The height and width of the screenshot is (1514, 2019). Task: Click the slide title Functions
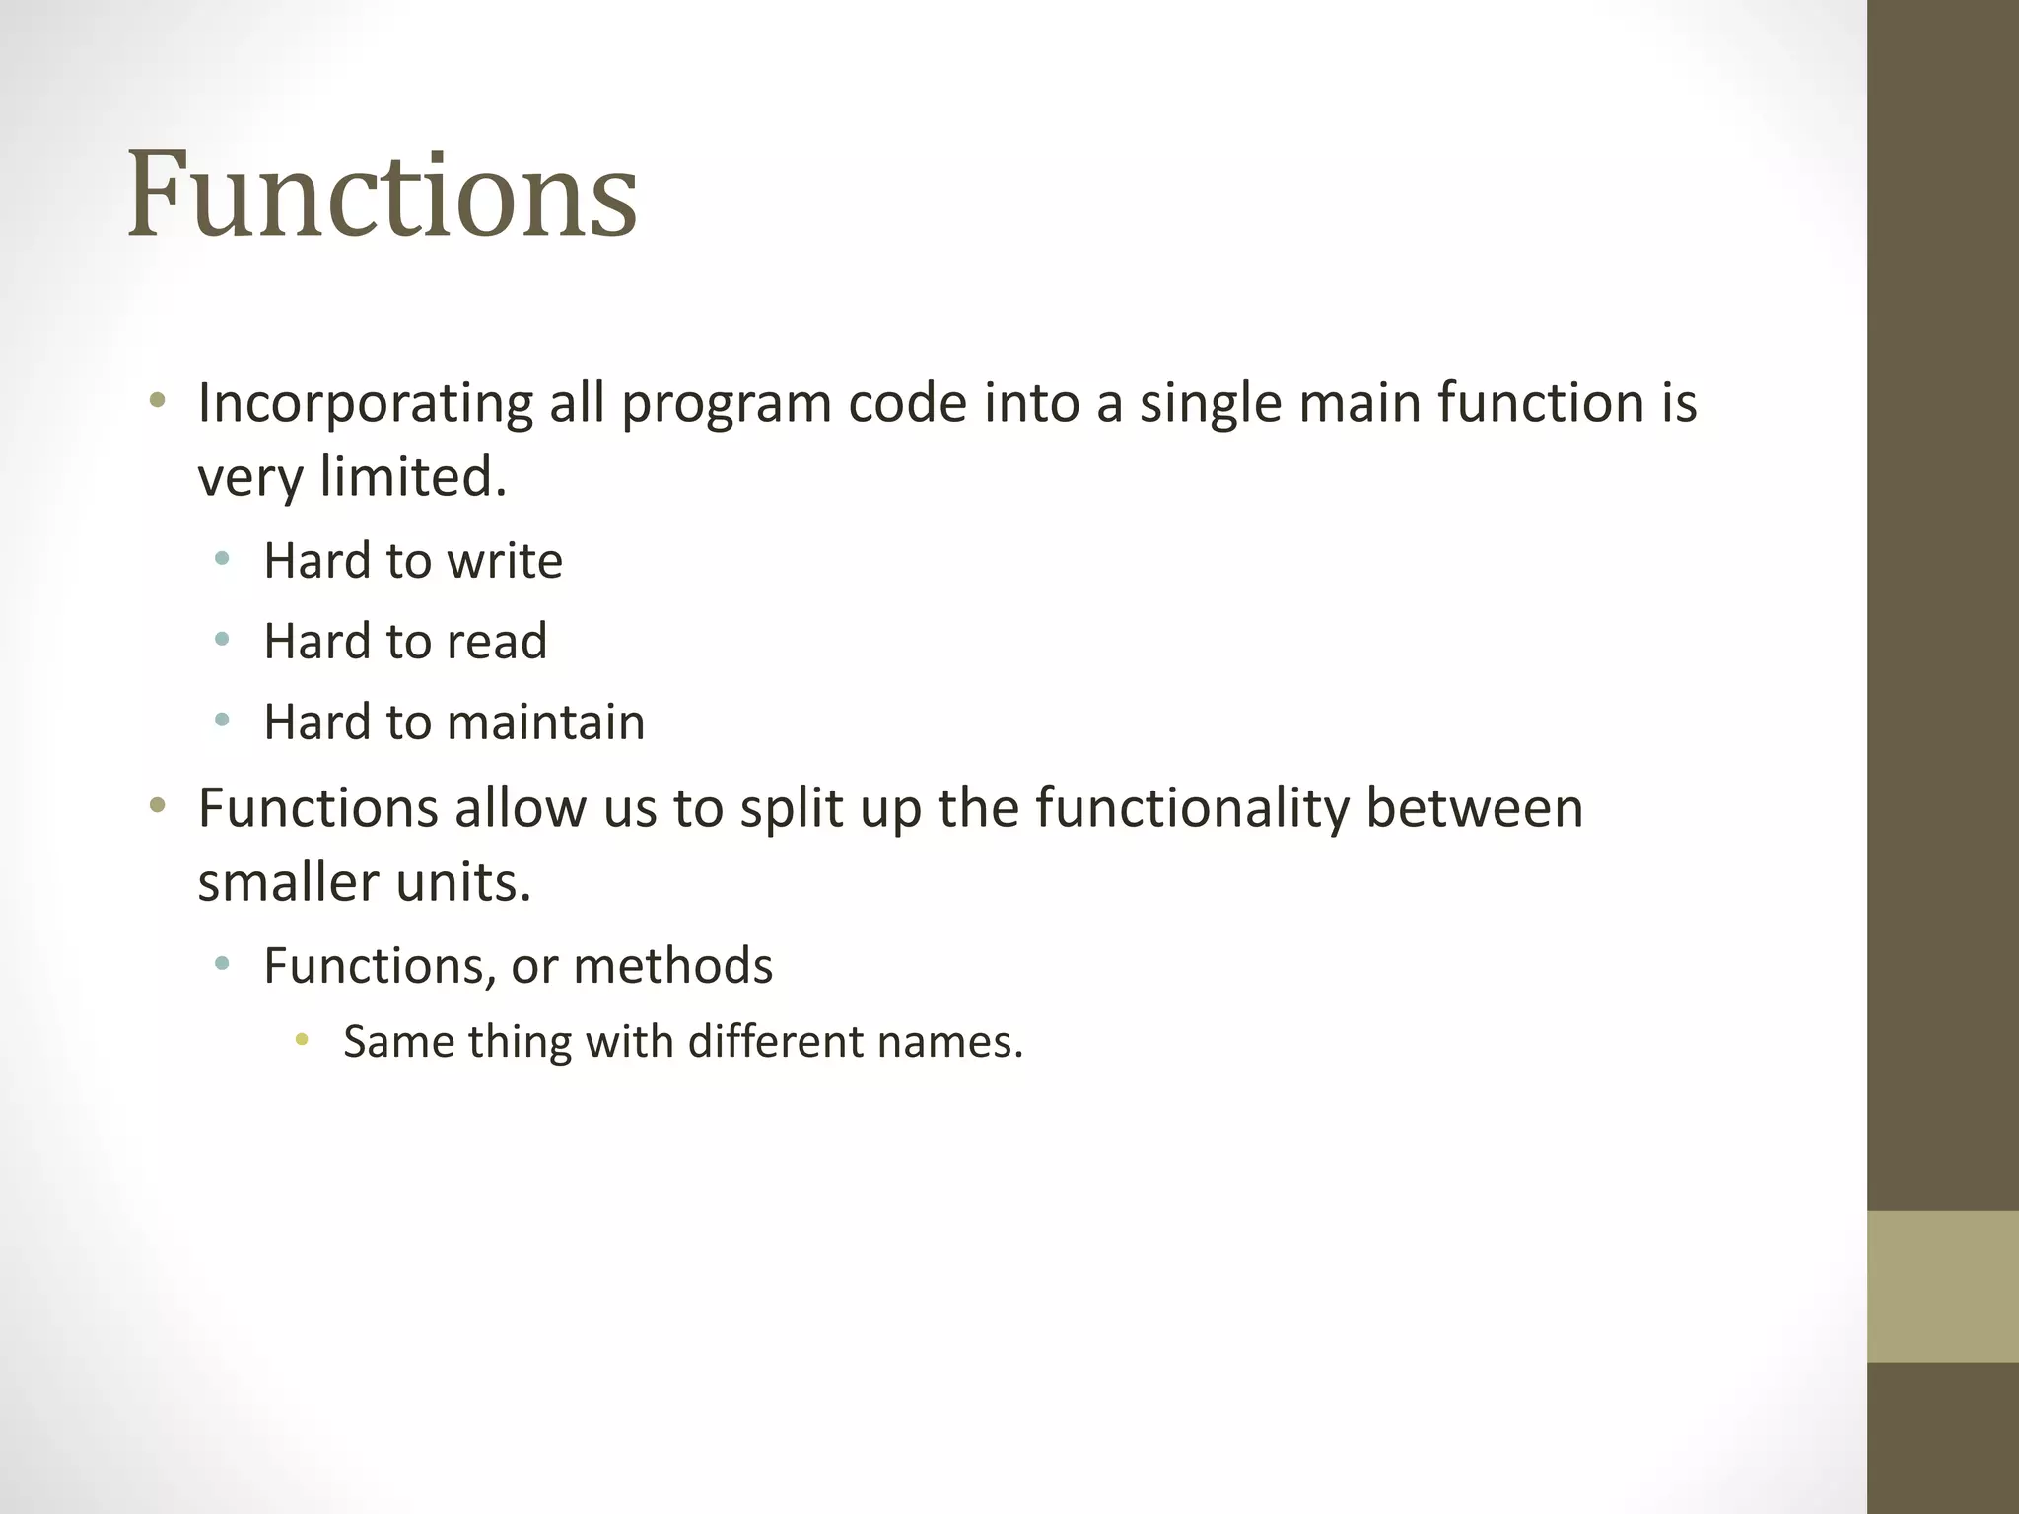coord(382,194)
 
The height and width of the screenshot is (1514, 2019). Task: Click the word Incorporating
coord(365,404)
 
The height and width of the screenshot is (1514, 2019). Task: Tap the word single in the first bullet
coord(1210,404)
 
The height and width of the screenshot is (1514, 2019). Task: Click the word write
coord(505,561)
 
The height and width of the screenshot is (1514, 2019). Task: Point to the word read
coord(497,642)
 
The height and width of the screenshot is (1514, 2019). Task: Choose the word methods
coord(672,966)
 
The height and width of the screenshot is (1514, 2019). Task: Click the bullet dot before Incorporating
coord(157,402)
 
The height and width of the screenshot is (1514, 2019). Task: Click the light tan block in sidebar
coord(1942,1286)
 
